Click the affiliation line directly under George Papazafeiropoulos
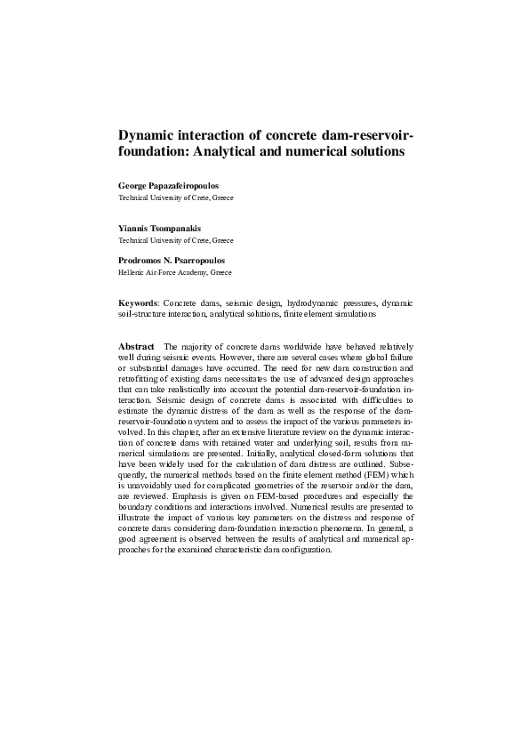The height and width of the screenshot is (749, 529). pos(176,197)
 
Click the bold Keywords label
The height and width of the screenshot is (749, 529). pos(138,303)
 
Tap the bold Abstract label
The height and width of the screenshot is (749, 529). pos(137,345)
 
